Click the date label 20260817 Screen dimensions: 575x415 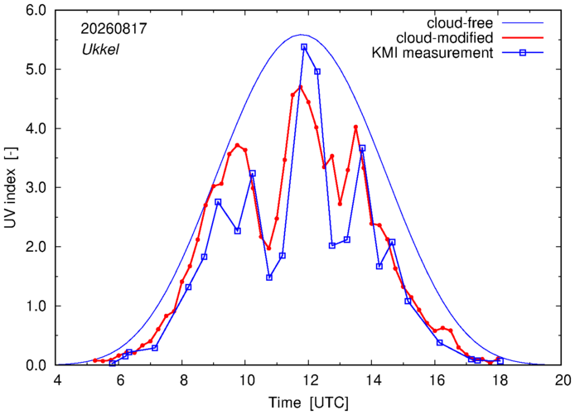(114, 29)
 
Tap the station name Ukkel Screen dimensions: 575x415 (100, 49)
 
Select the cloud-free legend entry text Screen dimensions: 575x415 (460, 23)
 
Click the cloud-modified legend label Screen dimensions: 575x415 (444, 38)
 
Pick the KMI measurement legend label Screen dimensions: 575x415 (432, 53)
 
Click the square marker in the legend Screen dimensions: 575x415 (523, 53)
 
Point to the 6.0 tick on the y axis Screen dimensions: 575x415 (36, 11)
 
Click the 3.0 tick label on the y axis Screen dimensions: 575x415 (36, 188)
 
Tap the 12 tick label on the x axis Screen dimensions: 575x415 (309, 380)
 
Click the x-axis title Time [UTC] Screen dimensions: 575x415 (308, 403)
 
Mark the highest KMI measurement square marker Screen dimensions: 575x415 (304, 47)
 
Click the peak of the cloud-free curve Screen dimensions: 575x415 (301, 35)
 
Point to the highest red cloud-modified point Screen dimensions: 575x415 (300, 87)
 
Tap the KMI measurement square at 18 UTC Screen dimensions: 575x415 (500, 361)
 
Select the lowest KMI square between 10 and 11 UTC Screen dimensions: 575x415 (269, 277)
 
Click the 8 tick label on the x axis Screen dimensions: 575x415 (184, 380)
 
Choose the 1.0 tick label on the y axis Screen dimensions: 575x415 (36, 306)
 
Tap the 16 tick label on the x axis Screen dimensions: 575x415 (435, 380)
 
